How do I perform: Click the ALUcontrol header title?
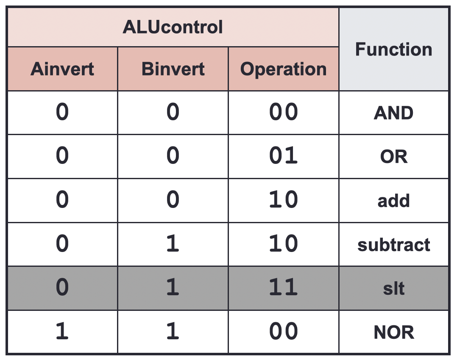(173, 27)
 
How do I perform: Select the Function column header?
(393, 49)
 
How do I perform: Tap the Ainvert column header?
(62, 69)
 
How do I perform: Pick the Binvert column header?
(173, 69)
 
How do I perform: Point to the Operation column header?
(283, 69)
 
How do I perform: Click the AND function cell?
(393, 113)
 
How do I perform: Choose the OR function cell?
(393, 157)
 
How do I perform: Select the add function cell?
(393, 201)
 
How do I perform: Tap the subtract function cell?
(393, 245)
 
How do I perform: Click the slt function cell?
(393, 288)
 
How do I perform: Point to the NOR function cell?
(393, 332)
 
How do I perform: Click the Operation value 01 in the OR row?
(283, 155)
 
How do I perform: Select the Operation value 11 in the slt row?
(283, 287)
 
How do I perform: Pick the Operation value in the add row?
(283, 199)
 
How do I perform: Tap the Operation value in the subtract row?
(283, 243)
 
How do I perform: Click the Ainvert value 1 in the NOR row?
(62, 331)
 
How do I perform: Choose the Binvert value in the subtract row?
(173, 243)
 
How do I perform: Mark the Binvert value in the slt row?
(173, 287)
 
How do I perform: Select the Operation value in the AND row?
(283, 111)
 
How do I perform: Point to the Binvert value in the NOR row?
(173, 331)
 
